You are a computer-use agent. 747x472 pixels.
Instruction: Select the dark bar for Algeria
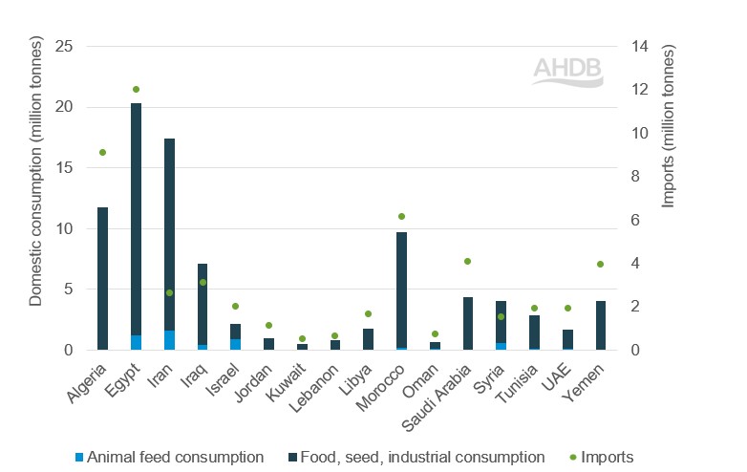pyautogui.click(x=102, y=278)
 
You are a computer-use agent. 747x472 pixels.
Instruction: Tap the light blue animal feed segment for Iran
pyautogui.click(x=169, y=340)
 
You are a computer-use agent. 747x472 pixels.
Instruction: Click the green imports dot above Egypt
pyautogui.click(x=136, y=89)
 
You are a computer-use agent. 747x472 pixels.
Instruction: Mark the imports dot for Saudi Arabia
pyautogui.click(x=468, y=261)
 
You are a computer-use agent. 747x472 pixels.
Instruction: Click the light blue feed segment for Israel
pyautogui.click(x=235, y=344)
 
